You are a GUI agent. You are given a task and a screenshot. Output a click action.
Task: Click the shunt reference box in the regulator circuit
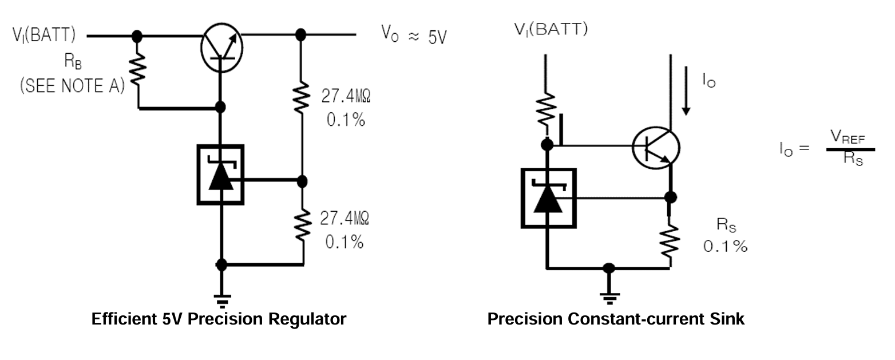pyautogui.click(x=221, y=175)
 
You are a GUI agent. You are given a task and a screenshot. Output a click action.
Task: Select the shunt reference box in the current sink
pyautogui.click(x=548, y=197)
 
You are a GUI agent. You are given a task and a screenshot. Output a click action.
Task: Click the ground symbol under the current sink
pyautogui.click(x=609, y=296)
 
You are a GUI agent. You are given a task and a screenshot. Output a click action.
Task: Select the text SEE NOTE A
pyautogui.click(x=71, y=86)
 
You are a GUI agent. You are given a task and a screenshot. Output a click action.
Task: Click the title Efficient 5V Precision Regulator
pyautogui.click(x=219, y=319)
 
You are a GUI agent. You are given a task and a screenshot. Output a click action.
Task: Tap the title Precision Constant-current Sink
pyautogui.click(x=616, y=319)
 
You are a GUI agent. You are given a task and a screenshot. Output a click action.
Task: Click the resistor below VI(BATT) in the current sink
pyautogui.click(x=546, y=112)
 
